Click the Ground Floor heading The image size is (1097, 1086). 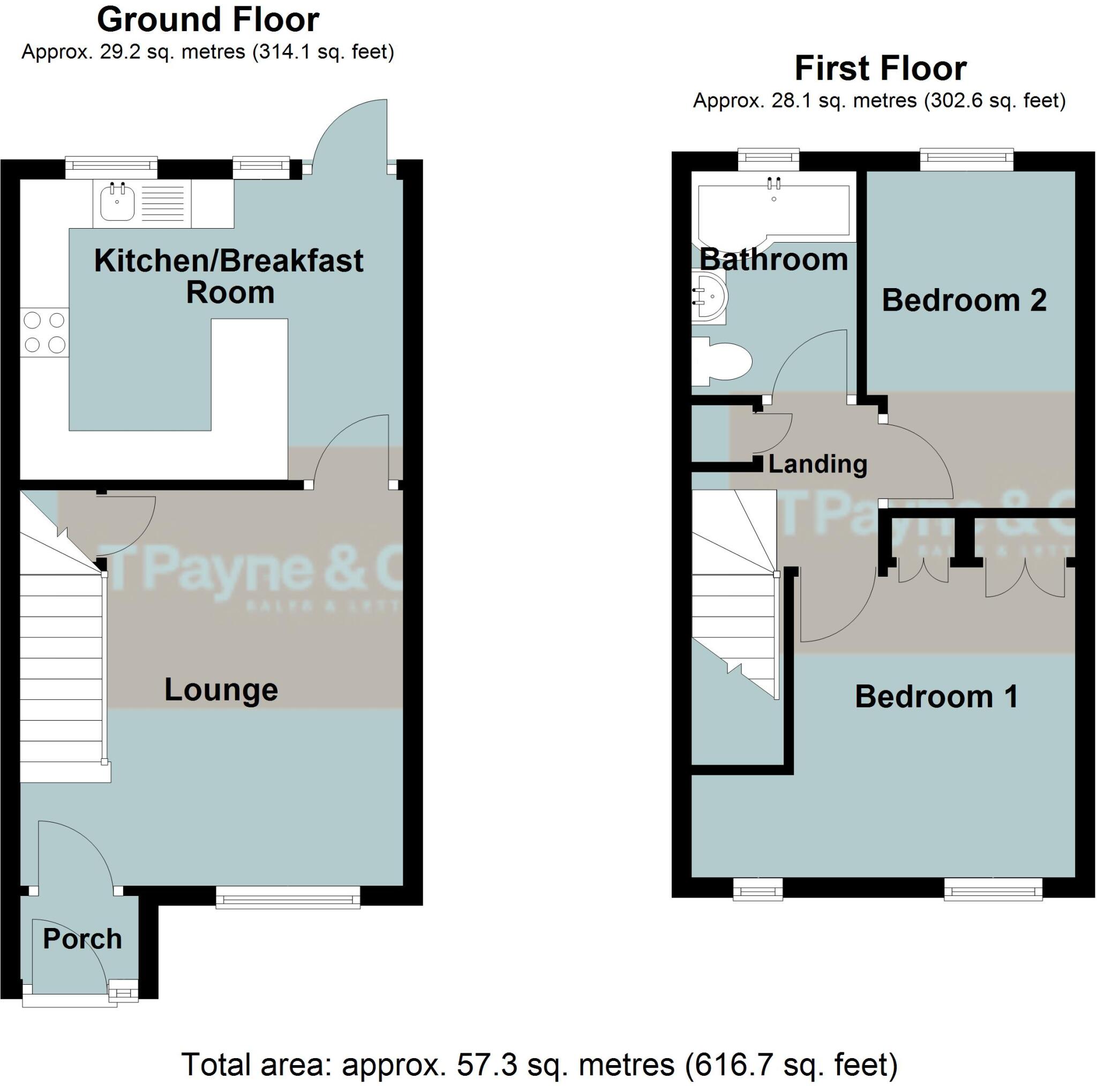point(208,20)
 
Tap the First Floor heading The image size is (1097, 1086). point(880,69)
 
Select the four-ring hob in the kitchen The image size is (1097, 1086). point(44,332)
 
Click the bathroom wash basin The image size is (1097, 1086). point(709,296)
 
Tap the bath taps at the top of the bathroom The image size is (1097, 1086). point(773,183)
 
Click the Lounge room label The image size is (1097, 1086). point(221,690)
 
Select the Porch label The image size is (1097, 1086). point(82,939)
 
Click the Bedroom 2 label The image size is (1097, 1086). point(964,300)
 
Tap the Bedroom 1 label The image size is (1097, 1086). point(936,697)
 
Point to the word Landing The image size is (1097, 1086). point(817,464)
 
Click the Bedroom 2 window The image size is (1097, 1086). point(966,159)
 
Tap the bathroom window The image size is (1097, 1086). point(768,159)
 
